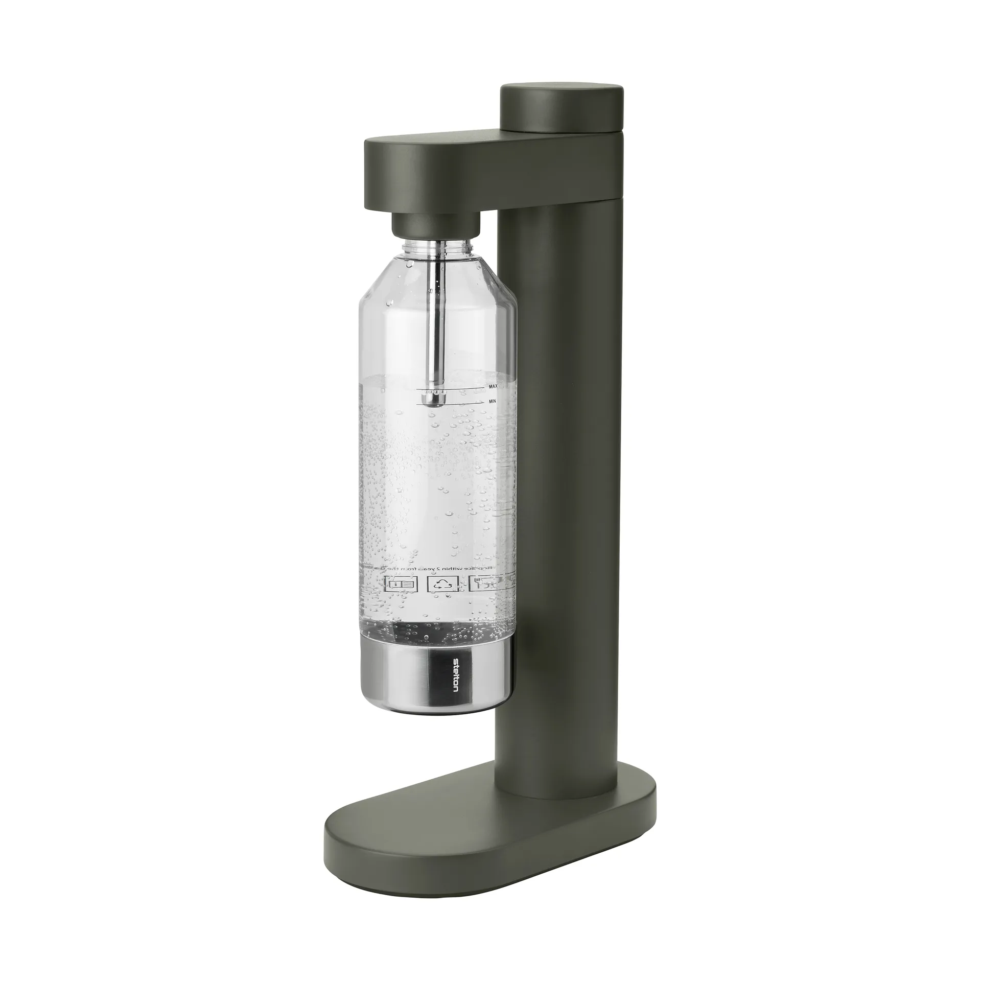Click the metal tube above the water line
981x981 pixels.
point(435,332)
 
